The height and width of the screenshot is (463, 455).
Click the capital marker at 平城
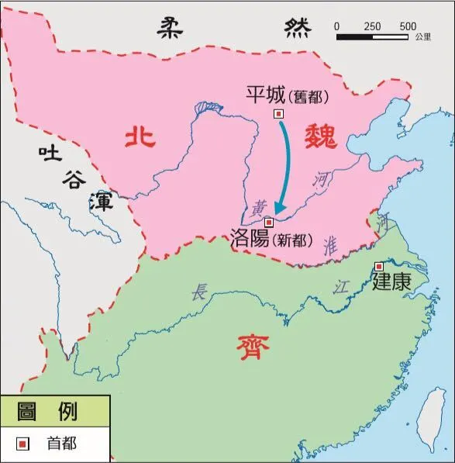[279, 114]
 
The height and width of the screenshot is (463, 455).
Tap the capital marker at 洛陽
[269, 222]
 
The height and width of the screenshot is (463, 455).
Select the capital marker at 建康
[378, 267]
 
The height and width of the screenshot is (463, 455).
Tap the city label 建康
[391, 282]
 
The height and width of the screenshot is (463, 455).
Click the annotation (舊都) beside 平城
[309, 97]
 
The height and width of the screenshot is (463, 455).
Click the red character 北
[140, 137]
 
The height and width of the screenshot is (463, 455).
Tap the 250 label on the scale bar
[372, 26]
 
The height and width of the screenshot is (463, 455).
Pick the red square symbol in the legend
[23, 444]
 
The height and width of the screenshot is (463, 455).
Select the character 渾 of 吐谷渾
[100, 204]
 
